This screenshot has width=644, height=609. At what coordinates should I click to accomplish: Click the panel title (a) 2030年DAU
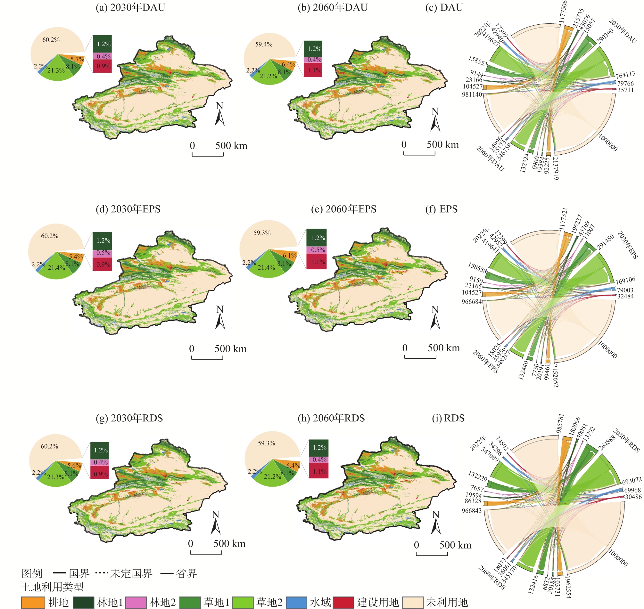130,7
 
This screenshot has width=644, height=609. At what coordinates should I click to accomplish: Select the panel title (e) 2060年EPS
343,209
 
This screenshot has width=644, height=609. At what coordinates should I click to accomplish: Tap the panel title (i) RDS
448,418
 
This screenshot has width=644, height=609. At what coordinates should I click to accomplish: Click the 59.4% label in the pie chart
263,44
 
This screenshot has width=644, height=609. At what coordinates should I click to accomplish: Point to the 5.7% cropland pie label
77,60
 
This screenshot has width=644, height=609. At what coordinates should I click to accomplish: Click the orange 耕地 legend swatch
33,603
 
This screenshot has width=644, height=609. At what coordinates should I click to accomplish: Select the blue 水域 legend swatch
296,603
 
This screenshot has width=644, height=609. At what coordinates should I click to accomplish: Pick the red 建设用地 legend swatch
343,603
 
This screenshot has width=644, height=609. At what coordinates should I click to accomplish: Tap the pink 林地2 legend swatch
136,603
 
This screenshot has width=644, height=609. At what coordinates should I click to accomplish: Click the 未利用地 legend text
447,603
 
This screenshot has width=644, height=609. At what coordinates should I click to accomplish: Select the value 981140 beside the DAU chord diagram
472,94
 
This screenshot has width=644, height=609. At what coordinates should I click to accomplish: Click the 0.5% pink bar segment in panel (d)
102,253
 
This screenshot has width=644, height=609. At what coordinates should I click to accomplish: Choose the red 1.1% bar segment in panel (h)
318,471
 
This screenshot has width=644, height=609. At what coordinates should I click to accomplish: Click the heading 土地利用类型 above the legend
52,587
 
